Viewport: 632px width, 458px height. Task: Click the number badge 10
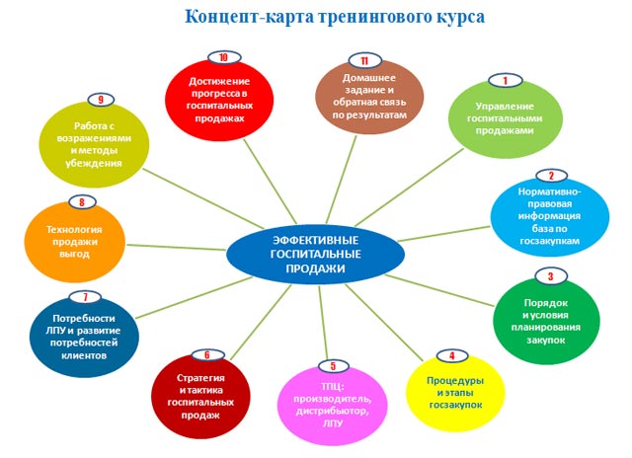(224, 57)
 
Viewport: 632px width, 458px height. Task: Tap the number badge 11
(364, 61)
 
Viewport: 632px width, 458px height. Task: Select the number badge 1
(505, 81)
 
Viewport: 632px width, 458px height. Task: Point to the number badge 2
(551, 176)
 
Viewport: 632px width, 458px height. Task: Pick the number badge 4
(452, 356)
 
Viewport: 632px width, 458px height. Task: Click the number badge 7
(85, 297)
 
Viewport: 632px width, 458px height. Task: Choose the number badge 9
(101, 100)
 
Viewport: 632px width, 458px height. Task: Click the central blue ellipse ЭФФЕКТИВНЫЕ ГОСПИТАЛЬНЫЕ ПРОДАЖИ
(315, 255)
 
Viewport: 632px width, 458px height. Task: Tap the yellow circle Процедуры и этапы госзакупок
(455, 393)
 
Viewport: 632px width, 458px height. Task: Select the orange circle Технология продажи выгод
(75, 242)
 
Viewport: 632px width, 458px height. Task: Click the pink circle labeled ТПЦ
(333, 406)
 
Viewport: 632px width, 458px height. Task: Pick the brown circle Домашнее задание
(369, 97)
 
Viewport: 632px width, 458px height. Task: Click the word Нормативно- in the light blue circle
(549, 191)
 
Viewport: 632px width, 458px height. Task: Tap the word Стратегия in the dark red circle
(200, 378)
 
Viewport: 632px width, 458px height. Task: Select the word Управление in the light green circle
(505, 107)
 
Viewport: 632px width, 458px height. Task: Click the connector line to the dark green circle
(439, 290)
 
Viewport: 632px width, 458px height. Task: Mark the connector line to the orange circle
(176, 248)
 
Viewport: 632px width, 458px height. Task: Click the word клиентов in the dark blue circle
(84, 355)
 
